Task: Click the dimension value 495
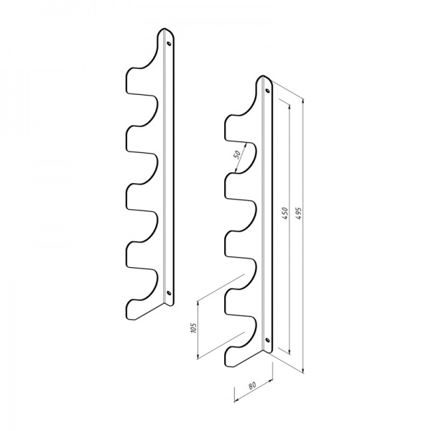[x=299, y=213]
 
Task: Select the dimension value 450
[x=285, y=213]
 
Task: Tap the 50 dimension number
[x=237, y=154]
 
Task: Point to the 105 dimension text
[x=193, y=328]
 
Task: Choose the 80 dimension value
[x=252, y=385]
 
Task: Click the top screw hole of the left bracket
[x=169, y=43]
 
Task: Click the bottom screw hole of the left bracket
[x=169, y=293]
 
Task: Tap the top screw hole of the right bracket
[x=267, y=91]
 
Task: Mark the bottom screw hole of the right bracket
[x=267, y=340]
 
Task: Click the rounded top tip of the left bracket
[x=164, y=29]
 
